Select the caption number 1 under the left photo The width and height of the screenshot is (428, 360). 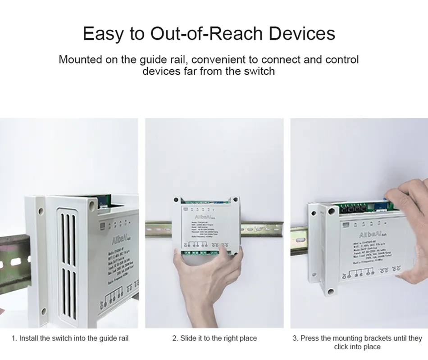click(x=14, y=338)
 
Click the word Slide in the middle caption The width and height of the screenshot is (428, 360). click(x=189, y=338)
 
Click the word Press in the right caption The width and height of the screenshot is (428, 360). click(x=310, y=338)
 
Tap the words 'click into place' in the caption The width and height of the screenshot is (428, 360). click(x=357, y=346)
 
